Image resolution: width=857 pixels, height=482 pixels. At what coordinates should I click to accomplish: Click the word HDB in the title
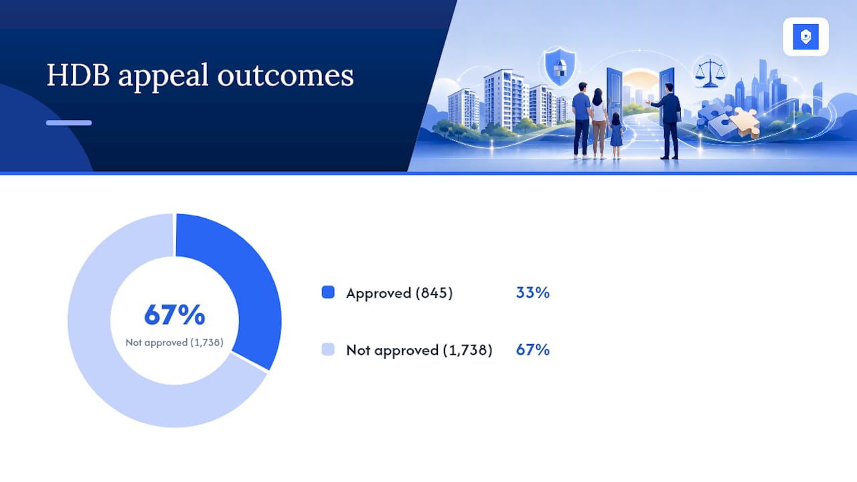78,75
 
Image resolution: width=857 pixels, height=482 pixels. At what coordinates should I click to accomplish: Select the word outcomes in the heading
285,76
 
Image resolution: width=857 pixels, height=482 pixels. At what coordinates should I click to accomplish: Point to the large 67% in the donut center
175,315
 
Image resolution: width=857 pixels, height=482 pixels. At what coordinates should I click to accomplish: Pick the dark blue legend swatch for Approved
328,292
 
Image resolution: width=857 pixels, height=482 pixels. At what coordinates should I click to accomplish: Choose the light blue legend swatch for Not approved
328,349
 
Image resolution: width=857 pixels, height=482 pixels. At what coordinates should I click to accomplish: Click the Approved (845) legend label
400,293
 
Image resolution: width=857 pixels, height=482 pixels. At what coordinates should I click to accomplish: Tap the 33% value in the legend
532,293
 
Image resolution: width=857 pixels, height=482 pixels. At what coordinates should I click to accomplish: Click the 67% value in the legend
532,349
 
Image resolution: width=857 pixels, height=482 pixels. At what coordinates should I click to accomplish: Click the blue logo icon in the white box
805,37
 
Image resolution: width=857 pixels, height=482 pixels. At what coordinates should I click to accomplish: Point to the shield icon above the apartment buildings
560,66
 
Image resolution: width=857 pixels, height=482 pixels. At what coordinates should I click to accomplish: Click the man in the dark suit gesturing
668,121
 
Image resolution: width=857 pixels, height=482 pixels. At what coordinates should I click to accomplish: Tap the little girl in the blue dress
616,135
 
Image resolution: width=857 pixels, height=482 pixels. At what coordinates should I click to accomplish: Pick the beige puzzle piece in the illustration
745,123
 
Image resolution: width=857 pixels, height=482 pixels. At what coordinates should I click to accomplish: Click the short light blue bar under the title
69,123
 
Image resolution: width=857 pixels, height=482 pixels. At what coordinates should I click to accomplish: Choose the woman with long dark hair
599,123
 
